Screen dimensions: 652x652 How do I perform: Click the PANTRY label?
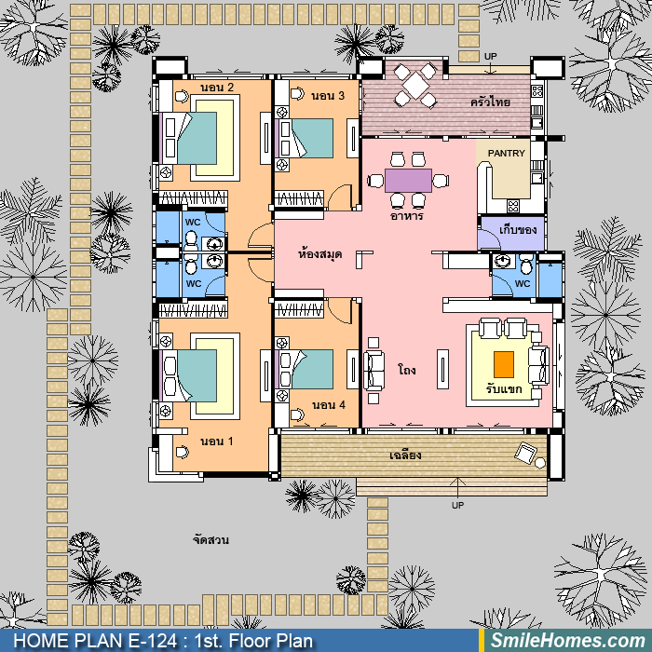pos(506,154)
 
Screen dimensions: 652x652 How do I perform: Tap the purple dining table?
pos(408,181)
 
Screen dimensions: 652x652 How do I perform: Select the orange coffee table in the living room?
pos(504,365)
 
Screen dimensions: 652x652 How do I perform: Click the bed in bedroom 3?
pos(305,139)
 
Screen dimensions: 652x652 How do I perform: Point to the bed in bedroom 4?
pos(305,369)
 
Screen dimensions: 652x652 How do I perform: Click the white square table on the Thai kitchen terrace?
pos(415,86)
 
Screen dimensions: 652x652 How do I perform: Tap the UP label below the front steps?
pos(457,505)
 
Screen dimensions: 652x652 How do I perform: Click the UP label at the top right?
pos(490,56)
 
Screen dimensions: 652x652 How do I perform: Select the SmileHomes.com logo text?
pos(568,641)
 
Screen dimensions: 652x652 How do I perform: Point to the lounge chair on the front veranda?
pos(526,453)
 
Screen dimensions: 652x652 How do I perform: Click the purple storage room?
pos(512,233)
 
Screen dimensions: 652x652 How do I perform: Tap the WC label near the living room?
pos(523,283)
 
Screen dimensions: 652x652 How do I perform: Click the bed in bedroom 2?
pos(188,138)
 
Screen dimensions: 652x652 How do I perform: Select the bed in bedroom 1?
pos(188,376)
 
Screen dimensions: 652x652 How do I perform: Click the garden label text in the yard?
pos(211,539)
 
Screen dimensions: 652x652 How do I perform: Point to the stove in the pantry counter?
pos(513,206)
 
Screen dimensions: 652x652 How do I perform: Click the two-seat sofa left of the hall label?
pos(374,370)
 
